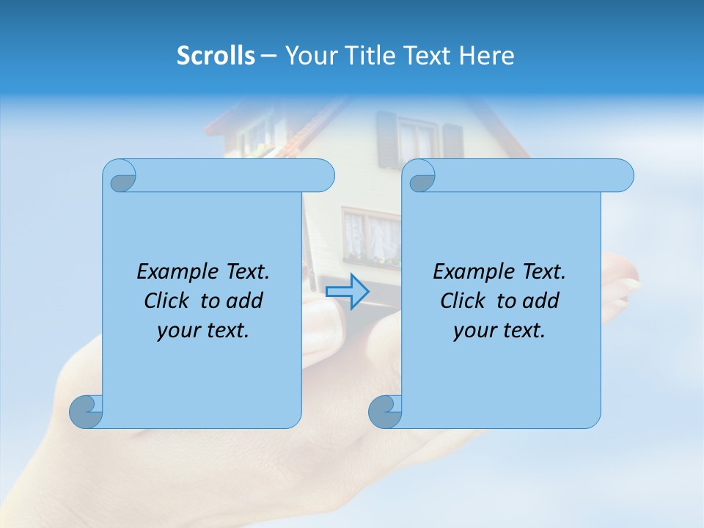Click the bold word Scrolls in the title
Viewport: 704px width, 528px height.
(x=216, y=56)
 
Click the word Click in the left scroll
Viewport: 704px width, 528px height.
(x=167, y=301)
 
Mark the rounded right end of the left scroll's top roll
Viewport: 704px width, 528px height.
(x=323, y=176)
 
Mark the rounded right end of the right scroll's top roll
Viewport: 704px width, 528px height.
(x=622, y=176)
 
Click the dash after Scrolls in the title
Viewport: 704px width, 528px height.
(x=268, y=56)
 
